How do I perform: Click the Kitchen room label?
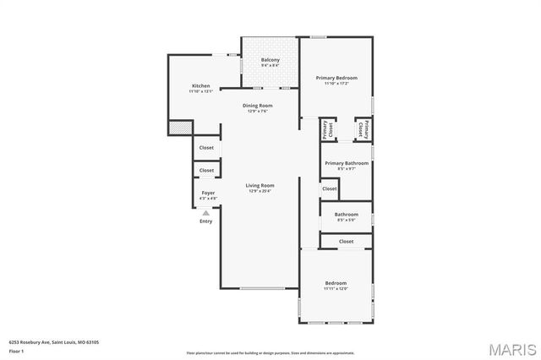tap(200, 85)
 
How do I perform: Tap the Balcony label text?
tap(270, 60)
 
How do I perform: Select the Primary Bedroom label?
tap(336, 78)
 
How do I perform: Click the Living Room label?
tap(260, 185)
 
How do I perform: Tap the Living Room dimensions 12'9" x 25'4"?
tap(260, 191)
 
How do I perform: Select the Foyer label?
tap(207, 193)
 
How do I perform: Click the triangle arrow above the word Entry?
tap(205, 213)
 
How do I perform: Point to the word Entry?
tap(205, 221)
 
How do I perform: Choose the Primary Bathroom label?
tap(347, 162)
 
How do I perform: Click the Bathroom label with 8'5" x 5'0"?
tap(347, 214)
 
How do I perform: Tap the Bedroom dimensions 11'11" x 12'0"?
tap(336, 289)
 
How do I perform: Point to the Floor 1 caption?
tap(16, 351)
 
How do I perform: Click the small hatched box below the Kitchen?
tap(179, 128)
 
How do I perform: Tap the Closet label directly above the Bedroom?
tap(347, 242)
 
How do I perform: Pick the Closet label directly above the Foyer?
tap(206, 170)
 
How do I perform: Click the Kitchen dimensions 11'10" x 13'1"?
tap(200, 91)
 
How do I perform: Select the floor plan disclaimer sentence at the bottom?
tap(270, 352)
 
